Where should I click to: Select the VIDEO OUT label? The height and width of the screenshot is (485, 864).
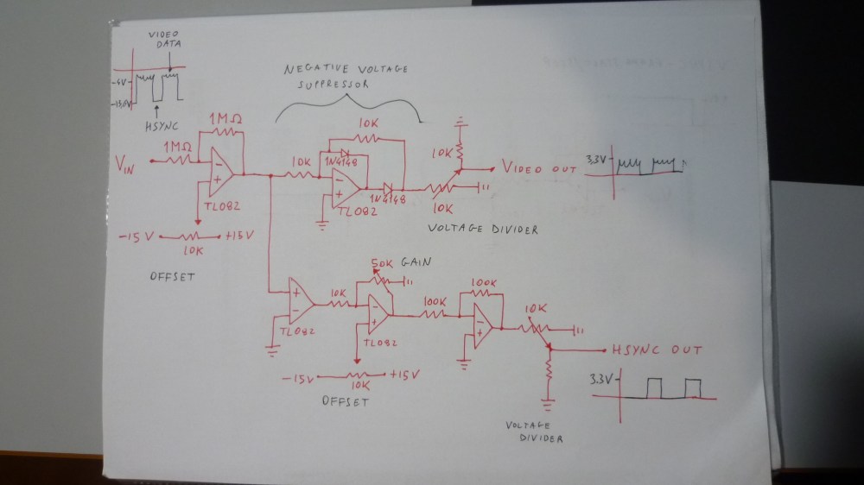pos(538,168)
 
